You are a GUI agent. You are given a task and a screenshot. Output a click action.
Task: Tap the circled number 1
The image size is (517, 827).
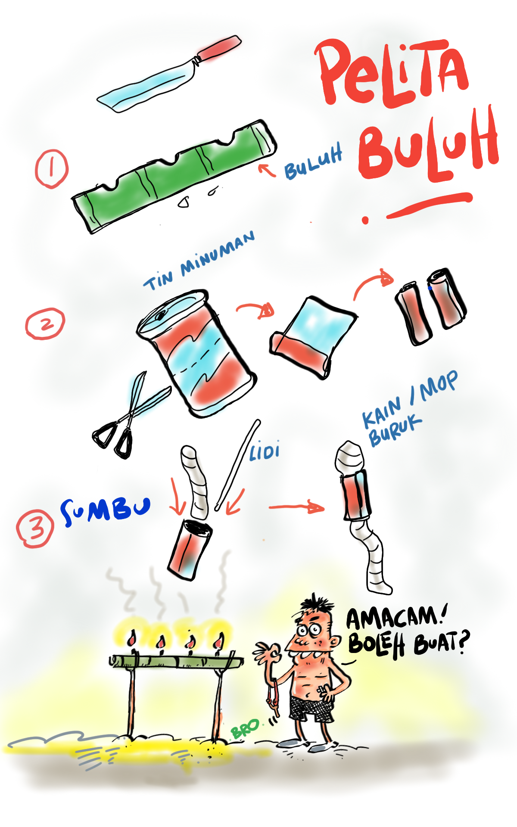[x=51, y=169]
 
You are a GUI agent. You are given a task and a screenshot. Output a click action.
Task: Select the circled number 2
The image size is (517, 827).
[x=45, y=323]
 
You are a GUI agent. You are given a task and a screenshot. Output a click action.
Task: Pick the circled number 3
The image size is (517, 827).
[x=35, y=529]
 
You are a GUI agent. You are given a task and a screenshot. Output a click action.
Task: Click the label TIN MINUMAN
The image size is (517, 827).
[x=199, y=261]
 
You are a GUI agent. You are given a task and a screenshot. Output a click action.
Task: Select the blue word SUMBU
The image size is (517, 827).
[x=106, y=511]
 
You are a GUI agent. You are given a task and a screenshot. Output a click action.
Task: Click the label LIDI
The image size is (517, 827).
[x=265, y=451]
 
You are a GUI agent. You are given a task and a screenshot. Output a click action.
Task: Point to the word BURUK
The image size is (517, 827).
[x=395, y=429]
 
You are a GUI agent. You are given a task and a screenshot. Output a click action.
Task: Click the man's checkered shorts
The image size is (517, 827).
[x=311, y=709]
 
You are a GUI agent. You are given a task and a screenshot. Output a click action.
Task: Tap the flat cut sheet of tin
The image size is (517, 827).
[x=314, y=337]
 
